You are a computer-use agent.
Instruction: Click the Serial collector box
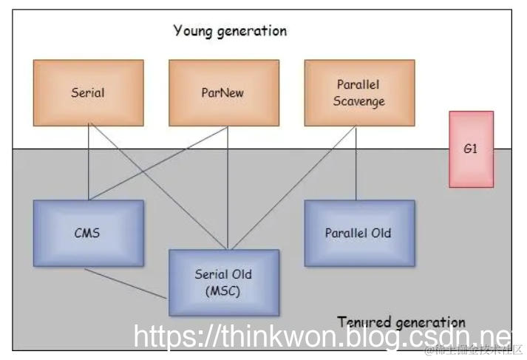88,93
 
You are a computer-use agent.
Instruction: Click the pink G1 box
471,149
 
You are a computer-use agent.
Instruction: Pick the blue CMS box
88,233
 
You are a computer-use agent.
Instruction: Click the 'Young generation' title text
230,31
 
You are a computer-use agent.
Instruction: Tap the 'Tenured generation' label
401,322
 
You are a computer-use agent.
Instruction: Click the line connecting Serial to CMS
88,163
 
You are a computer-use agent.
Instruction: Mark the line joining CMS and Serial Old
126,283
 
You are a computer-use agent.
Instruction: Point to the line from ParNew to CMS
155,163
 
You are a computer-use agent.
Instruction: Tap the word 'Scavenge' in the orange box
359,101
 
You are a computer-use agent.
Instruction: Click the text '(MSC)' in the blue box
223,291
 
